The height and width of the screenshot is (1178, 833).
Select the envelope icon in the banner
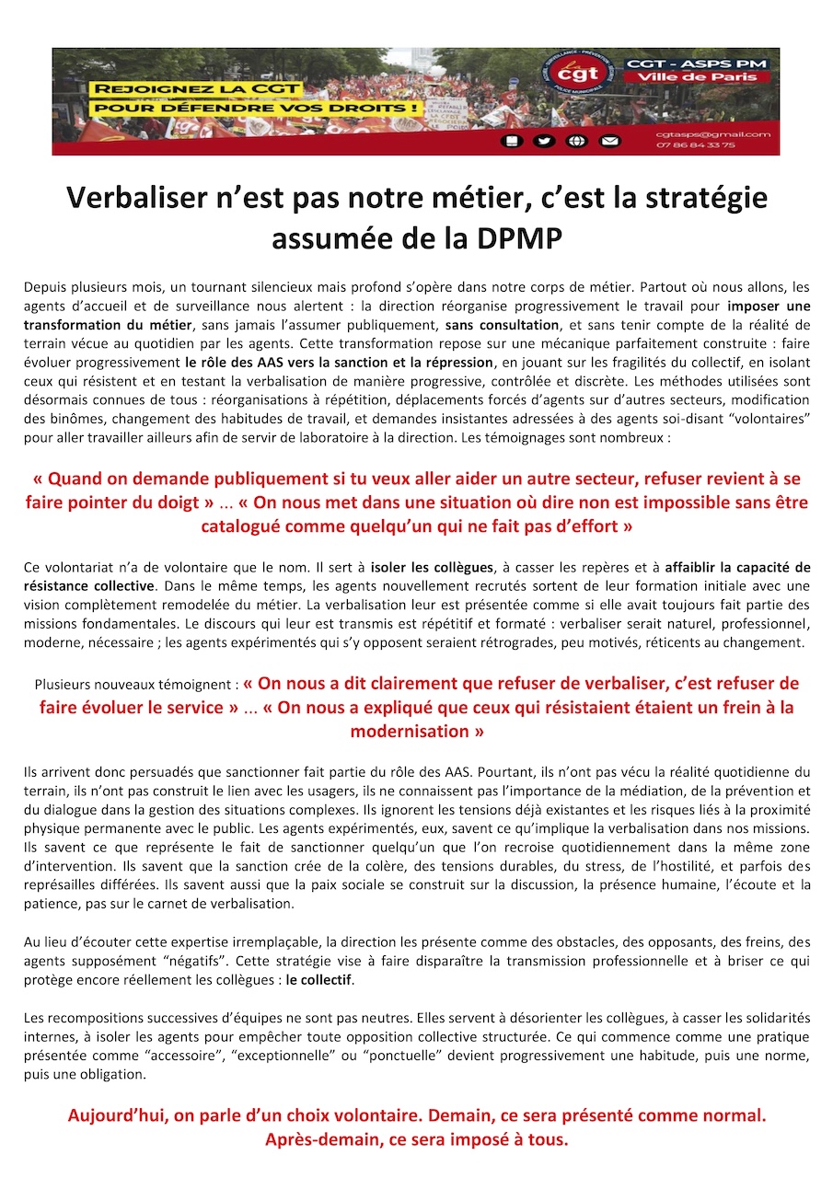click(x=609, y=141)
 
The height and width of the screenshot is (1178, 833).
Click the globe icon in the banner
click(x=576, y=141)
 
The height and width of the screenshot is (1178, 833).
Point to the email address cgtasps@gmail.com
click(x=712, y=134)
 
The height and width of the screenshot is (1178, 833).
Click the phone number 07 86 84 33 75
click(x=683, y=145)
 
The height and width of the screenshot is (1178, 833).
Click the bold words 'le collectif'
click(x=318, y=980)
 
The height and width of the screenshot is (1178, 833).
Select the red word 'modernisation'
click(x=416, y=732)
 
